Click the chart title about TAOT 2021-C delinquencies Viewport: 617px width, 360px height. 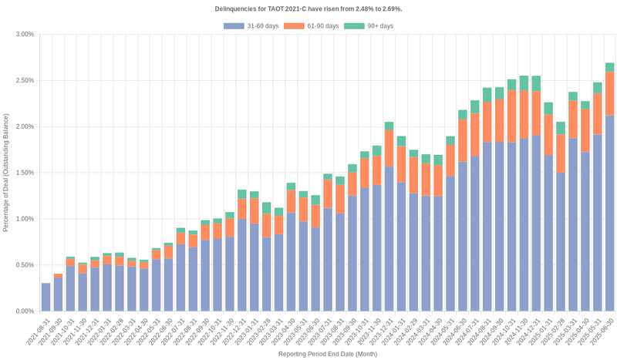(308, 8)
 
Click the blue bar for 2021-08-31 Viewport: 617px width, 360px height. (46, 297)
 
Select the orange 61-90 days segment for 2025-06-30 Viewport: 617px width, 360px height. (609, 93)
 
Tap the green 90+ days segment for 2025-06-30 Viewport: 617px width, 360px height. (609, 67)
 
